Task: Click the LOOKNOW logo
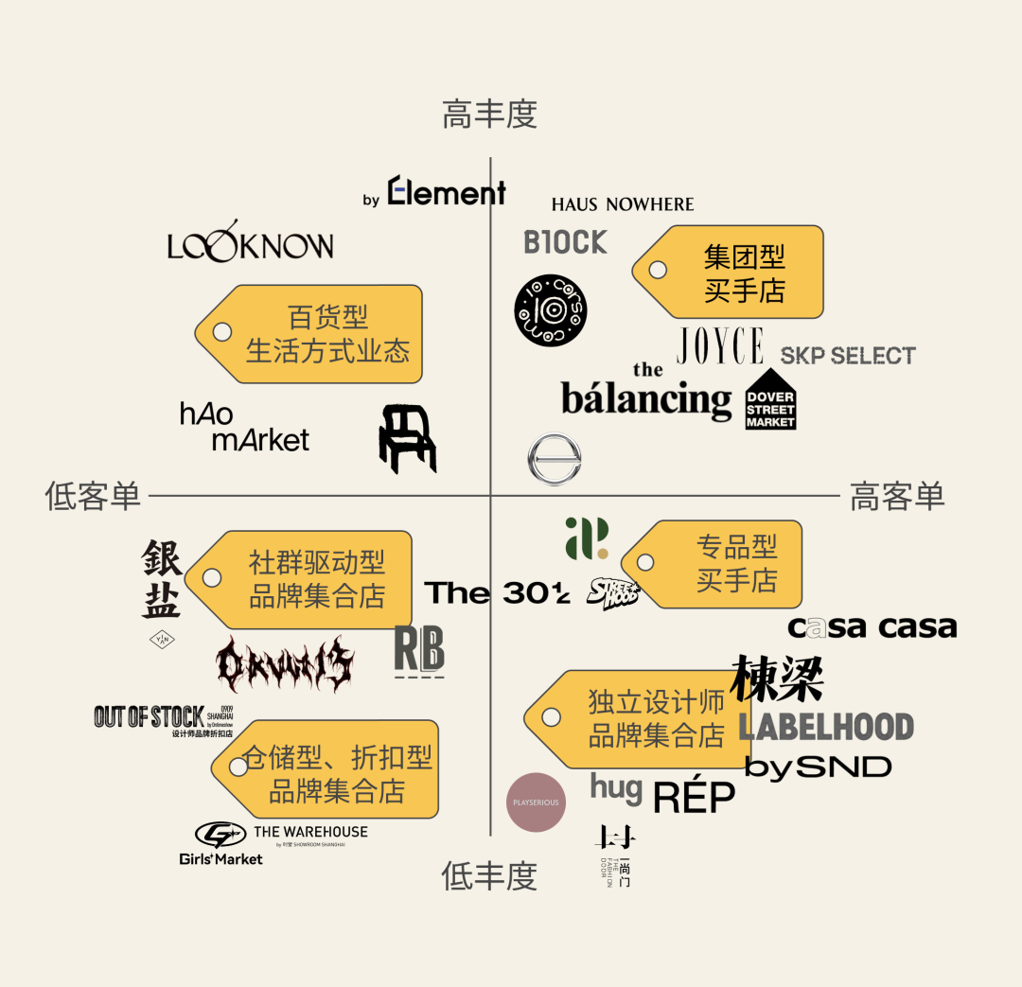251,246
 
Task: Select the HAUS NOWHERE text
623,204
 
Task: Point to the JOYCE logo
720,346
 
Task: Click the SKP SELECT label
848,356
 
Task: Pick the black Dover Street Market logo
770,405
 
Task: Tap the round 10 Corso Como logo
550,309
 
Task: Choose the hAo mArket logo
244,427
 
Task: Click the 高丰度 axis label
489,115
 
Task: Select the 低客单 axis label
93,496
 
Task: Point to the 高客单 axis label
897,496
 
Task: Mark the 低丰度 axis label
489,876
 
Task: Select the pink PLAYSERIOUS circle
537,802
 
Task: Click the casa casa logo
872,627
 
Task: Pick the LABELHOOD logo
825,727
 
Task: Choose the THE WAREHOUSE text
310,833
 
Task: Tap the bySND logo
819,767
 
